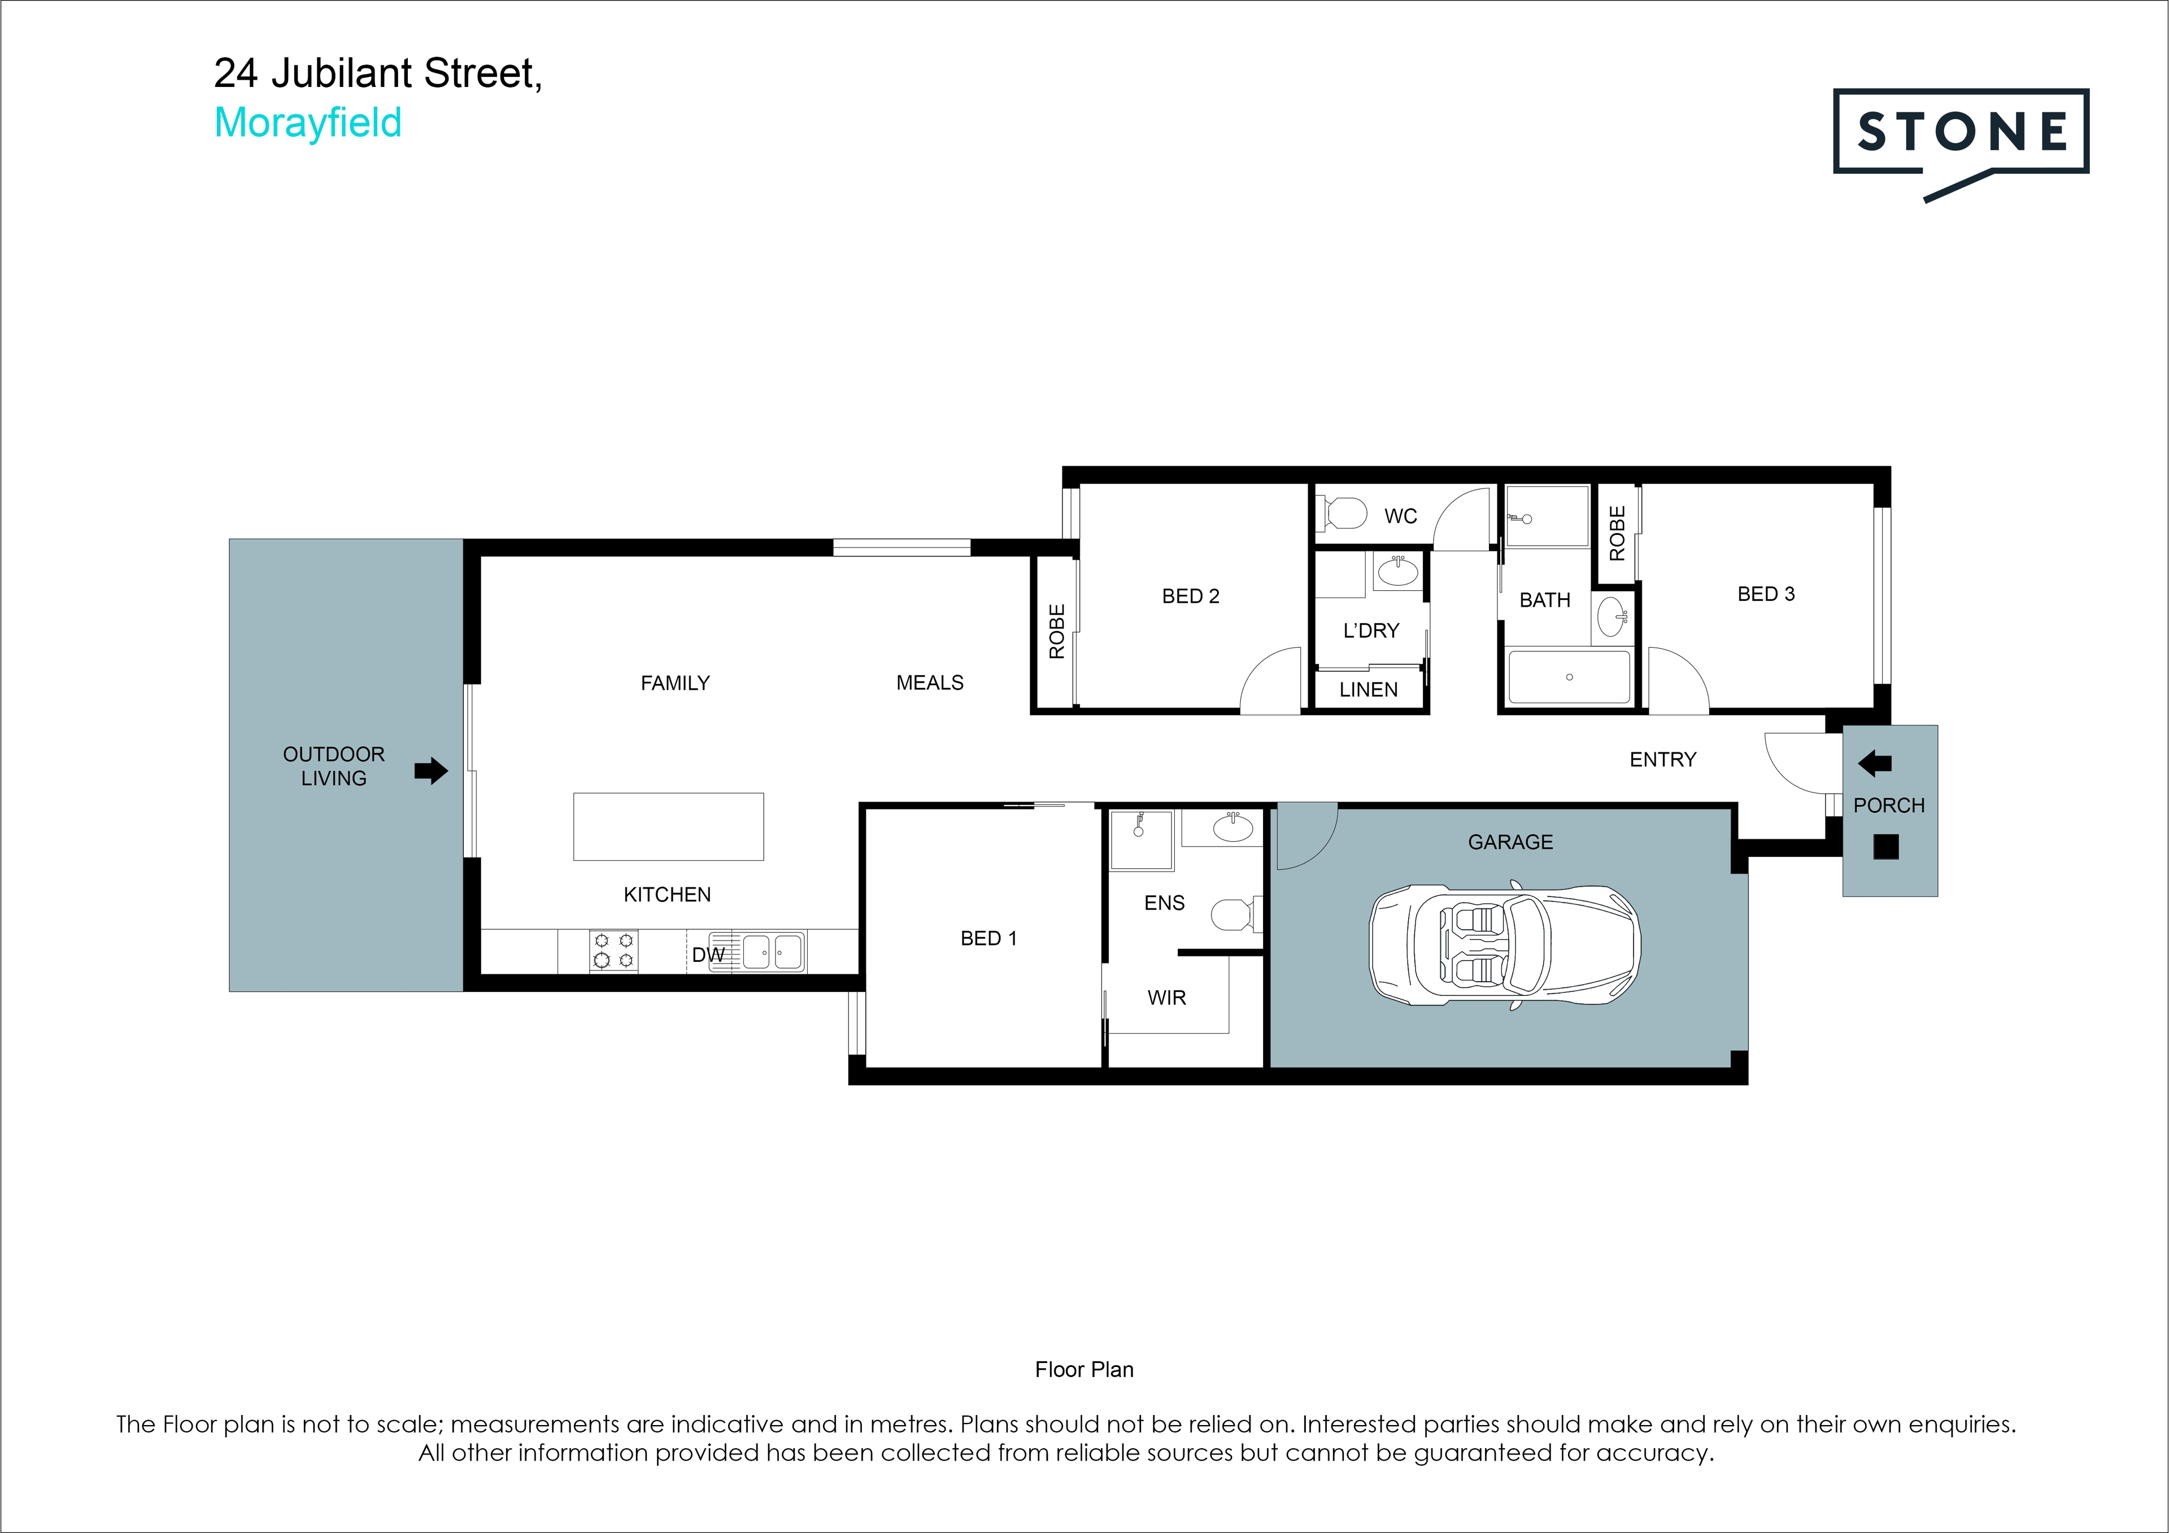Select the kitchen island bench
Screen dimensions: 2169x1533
point(668,826)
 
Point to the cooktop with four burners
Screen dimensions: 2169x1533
point(613,950)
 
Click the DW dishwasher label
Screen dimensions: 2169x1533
point(708,955)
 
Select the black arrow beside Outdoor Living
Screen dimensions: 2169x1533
point(431,771)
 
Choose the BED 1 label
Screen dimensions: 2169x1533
point(988,938)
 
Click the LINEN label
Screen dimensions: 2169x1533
point(1368,690)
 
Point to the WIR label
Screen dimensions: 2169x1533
point(1167,998)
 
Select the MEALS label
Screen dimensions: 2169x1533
point(930,683)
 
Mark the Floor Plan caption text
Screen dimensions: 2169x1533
point(1083,1370)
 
